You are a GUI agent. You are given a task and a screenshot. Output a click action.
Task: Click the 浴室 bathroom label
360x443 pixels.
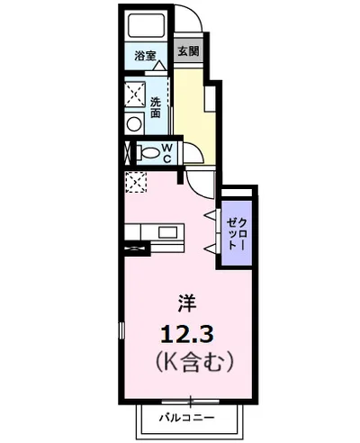click(144, 56)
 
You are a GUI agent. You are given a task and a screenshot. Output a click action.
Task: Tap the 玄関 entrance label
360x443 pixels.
click(187, 52)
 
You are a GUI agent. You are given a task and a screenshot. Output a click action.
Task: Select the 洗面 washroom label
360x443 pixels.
click(156, 108)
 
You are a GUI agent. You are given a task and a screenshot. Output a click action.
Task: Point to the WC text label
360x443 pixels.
click(167, 152)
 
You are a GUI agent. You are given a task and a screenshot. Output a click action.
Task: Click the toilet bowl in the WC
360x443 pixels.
click(148, 152)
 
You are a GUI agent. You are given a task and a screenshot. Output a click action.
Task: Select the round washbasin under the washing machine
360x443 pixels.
click(134, 122)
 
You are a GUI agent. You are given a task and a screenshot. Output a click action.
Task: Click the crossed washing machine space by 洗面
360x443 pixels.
click(135, 94)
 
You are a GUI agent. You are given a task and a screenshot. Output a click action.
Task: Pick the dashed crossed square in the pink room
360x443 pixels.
click(134, 182)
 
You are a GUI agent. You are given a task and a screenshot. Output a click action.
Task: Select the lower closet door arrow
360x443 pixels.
click(210, 247)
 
